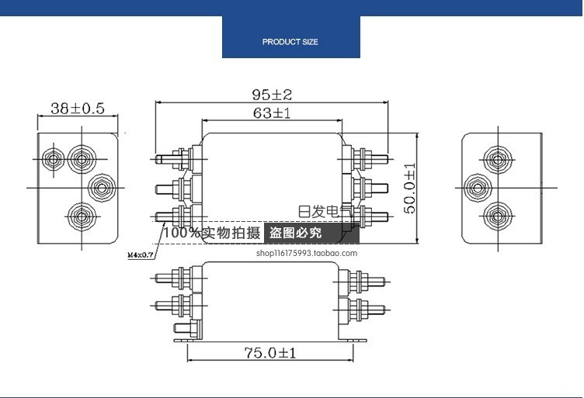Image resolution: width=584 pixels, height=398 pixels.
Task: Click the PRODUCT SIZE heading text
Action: (x=290, y=42)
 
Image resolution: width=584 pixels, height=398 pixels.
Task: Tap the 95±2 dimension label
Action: (x=271, y=95)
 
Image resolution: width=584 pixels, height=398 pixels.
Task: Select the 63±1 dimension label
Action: (x=271, y=113)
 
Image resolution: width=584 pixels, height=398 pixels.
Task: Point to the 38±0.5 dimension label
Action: (x=77, y=109)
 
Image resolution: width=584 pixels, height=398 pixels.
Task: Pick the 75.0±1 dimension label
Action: (x=269, y=352)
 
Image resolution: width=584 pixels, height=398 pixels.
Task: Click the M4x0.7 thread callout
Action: (x=140, y=254)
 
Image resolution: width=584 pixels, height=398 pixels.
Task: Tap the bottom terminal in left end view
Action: (x=80, y=213)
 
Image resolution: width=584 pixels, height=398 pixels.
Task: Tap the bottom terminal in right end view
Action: (x=493, y=214)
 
